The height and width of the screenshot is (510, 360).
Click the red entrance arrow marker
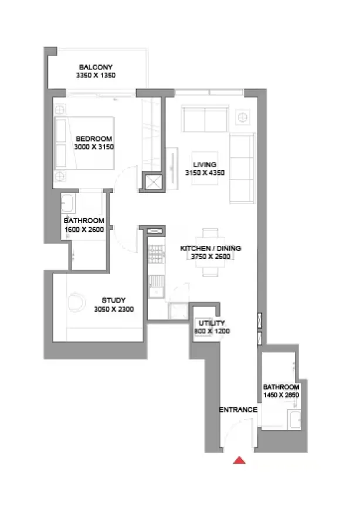click(x=239, y=460)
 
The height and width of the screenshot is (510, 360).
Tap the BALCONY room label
click(x=96, y=67)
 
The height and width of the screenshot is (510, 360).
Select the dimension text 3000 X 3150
click(x=94, y=147)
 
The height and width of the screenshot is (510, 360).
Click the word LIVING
click(x=205, y=164)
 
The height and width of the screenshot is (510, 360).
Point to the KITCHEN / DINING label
click(x=210, y=248)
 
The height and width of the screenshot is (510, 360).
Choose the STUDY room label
click(x=113, y=300)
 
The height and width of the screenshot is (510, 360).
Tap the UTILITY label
click(x=212, y=323)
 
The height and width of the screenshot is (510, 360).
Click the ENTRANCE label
click(x=238, y=410)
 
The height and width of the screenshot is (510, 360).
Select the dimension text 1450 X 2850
click(x=281, y=395)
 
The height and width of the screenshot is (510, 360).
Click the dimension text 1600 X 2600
click(x=84, y=229)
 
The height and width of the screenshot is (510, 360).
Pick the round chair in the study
click(x=76, y=302)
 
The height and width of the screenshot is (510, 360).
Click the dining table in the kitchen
click(x=210, y=252)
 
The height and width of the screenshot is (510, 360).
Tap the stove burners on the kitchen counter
click(x=156, y=254)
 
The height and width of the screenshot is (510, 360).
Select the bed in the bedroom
click(x=84, y=143)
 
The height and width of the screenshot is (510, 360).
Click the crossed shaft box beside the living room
click(x=153, y=182)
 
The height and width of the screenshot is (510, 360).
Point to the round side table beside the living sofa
click(x=242, y=117)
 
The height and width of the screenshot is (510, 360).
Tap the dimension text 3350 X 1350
click(x=96, y=75)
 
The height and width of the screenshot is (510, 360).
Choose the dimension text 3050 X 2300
click(x=114, y=309)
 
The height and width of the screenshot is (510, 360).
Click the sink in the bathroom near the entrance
click(x=294, y=420)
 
